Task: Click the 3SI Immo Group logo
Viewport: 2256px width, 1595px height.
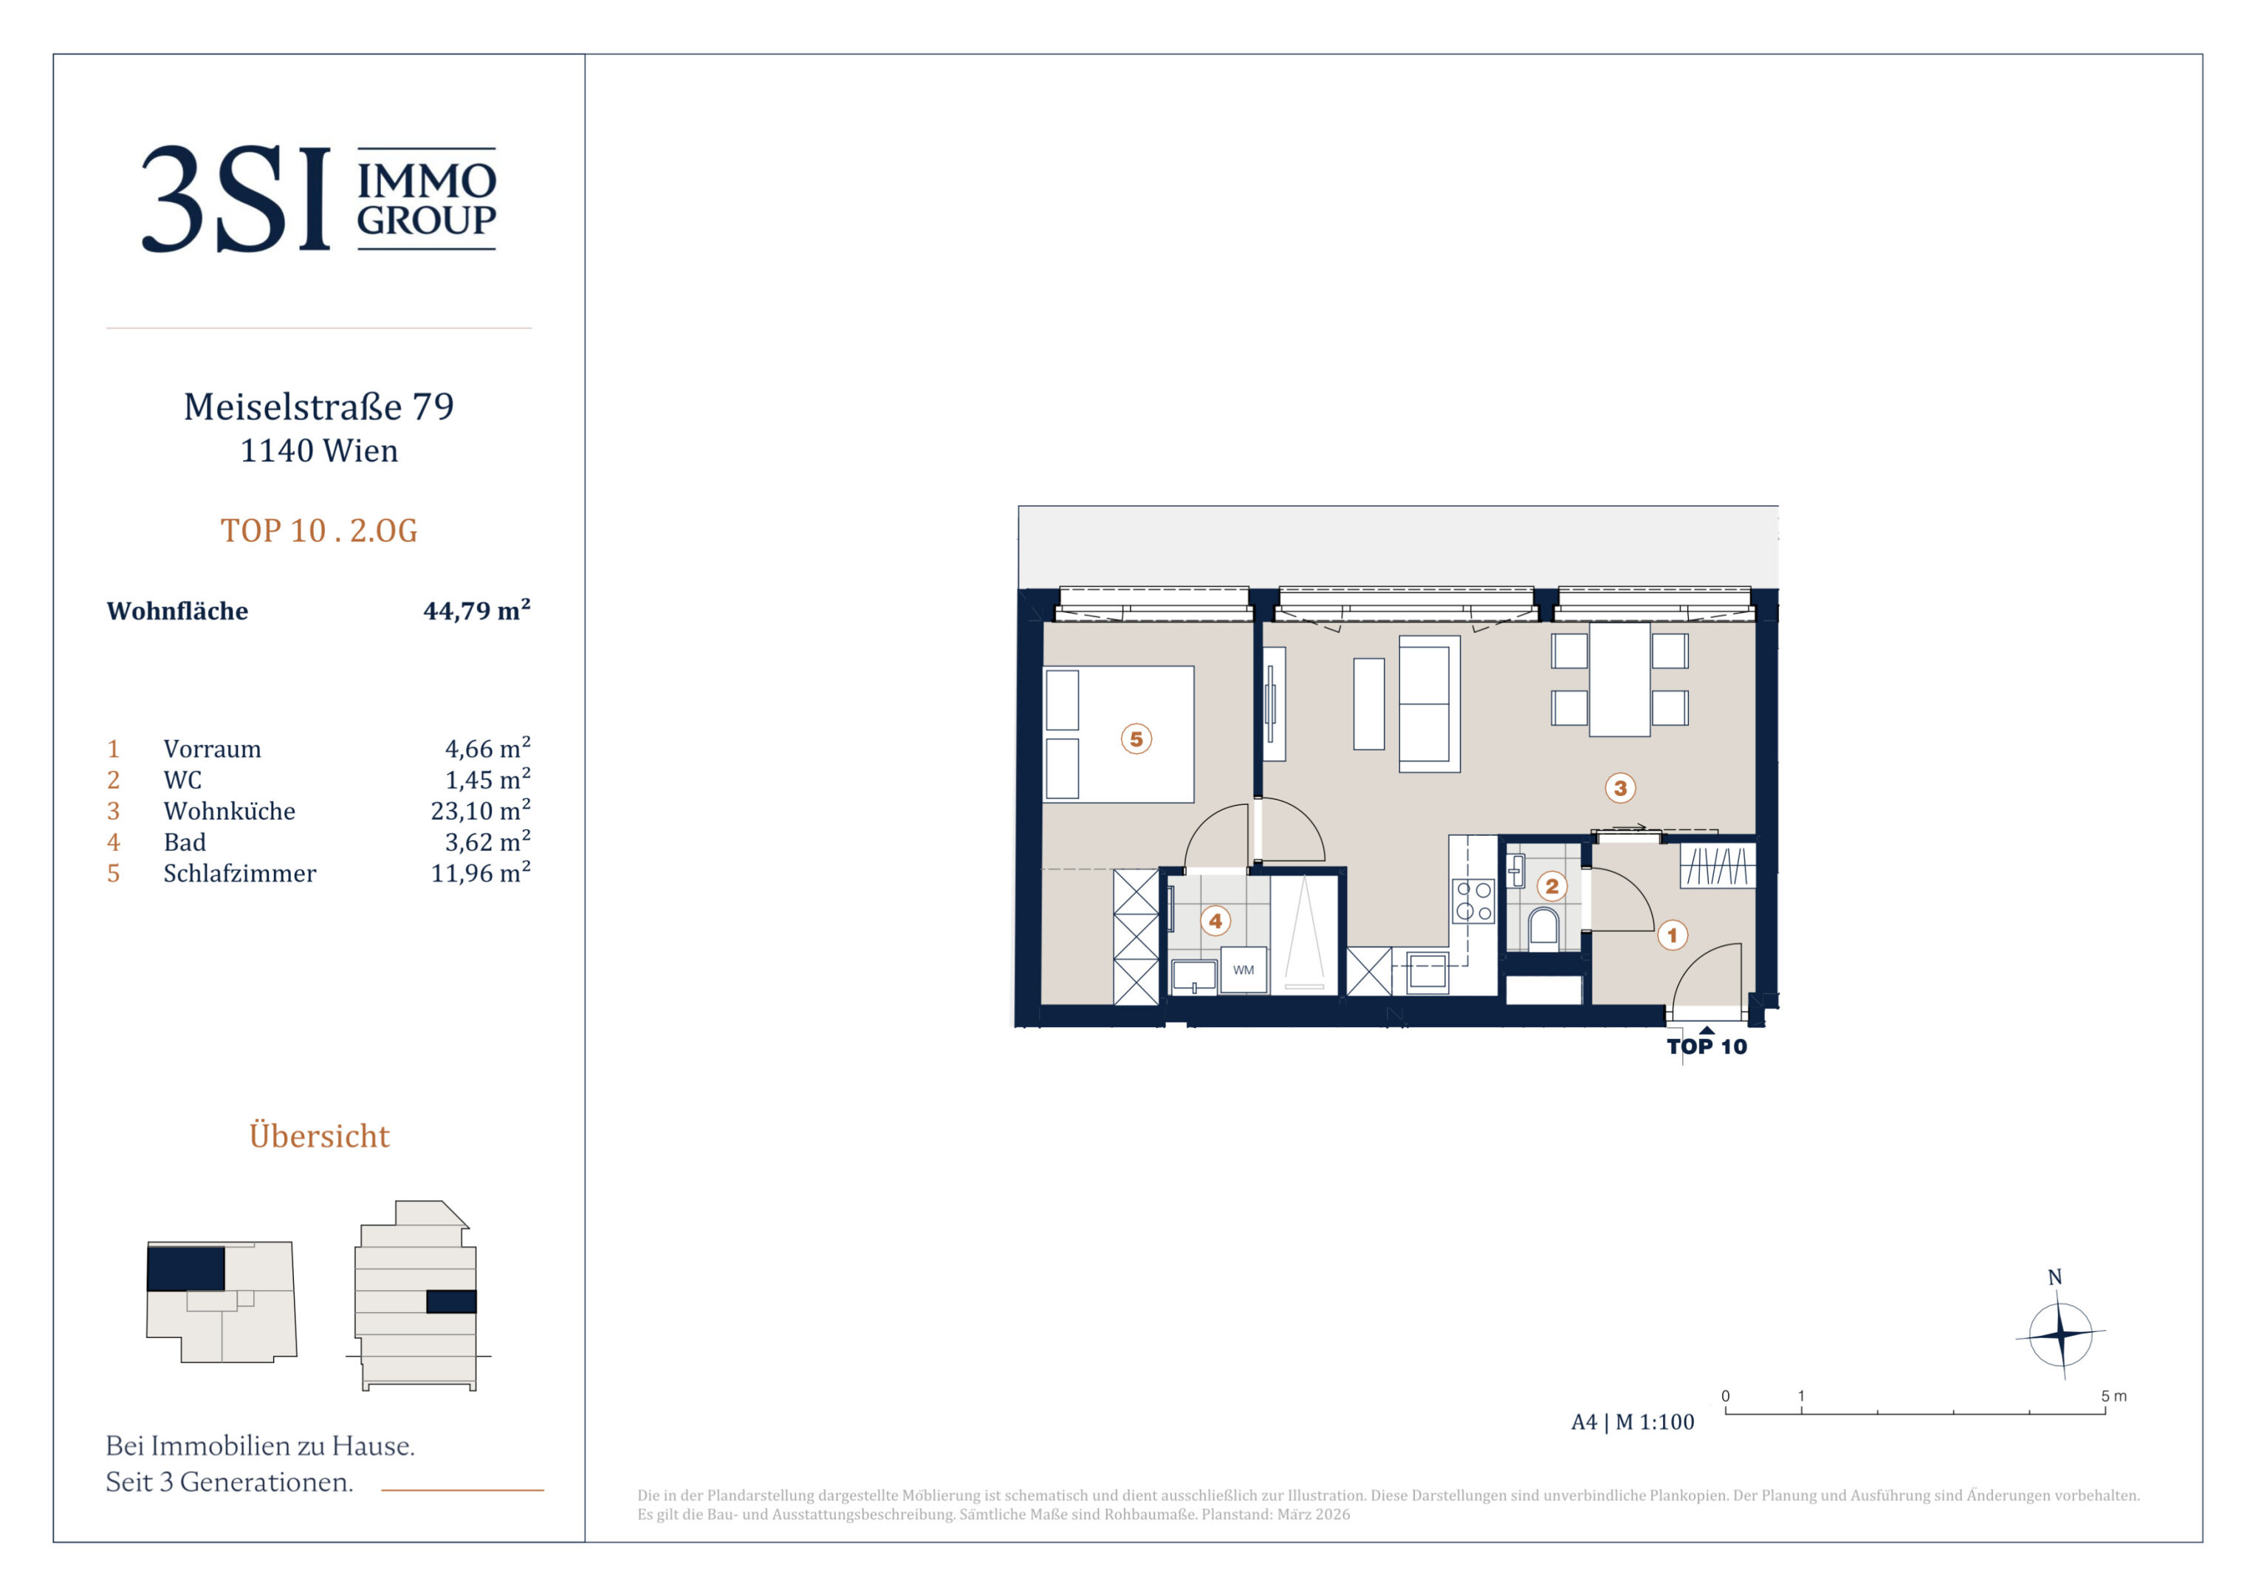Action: tap(318, 199)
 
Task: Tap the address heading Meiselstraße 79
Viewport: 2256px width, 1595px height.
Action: tap(318, 406)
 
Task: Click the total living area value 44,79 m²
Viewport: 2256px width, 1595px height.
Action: tap(476, 609)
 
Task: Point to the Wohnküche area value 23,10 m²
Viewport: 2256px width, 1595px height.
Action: tap(481, 810)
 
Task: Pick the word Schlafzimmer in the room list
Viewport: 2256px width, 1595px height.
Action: tap(240, 873)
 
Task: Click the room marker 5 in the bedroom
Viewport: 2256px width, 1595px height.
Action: tap(1136, 739)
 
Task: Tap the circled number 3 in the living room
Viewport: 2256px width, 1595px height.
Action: tap(1620, 787)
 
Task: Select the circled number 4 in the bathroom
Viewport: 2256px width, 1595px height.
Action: tap(1216, 921)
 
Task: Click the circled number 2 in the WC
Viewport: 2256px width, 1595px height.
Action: tap(1552, 886)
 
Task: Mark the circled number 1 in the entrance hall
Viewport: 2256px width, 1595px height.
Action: tap(1673, 935)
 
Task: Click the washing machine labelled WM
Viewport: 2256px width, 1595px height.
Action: tap(1243, 970)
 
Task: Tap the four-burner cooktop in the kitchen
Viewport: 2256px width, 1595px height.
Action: tap(1473, 901)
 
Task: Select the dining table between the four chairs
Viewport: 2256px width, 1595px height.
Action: tap(1619, 679)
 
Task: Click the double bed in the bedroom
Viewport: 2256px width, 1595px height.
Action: tap(1120, 734)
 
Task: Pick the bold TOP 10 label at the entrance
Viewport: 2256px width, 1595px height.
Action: tap(1707, 1046)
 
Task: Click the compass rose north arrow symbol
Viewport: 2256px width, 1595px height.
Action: tap(2060, 1334)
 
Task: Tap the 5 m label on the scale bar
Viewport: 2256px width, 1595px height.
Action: tap(2113, 1396)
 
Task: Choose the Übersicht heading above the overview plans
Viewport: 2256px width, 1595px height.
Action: tap(319, 1135)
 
